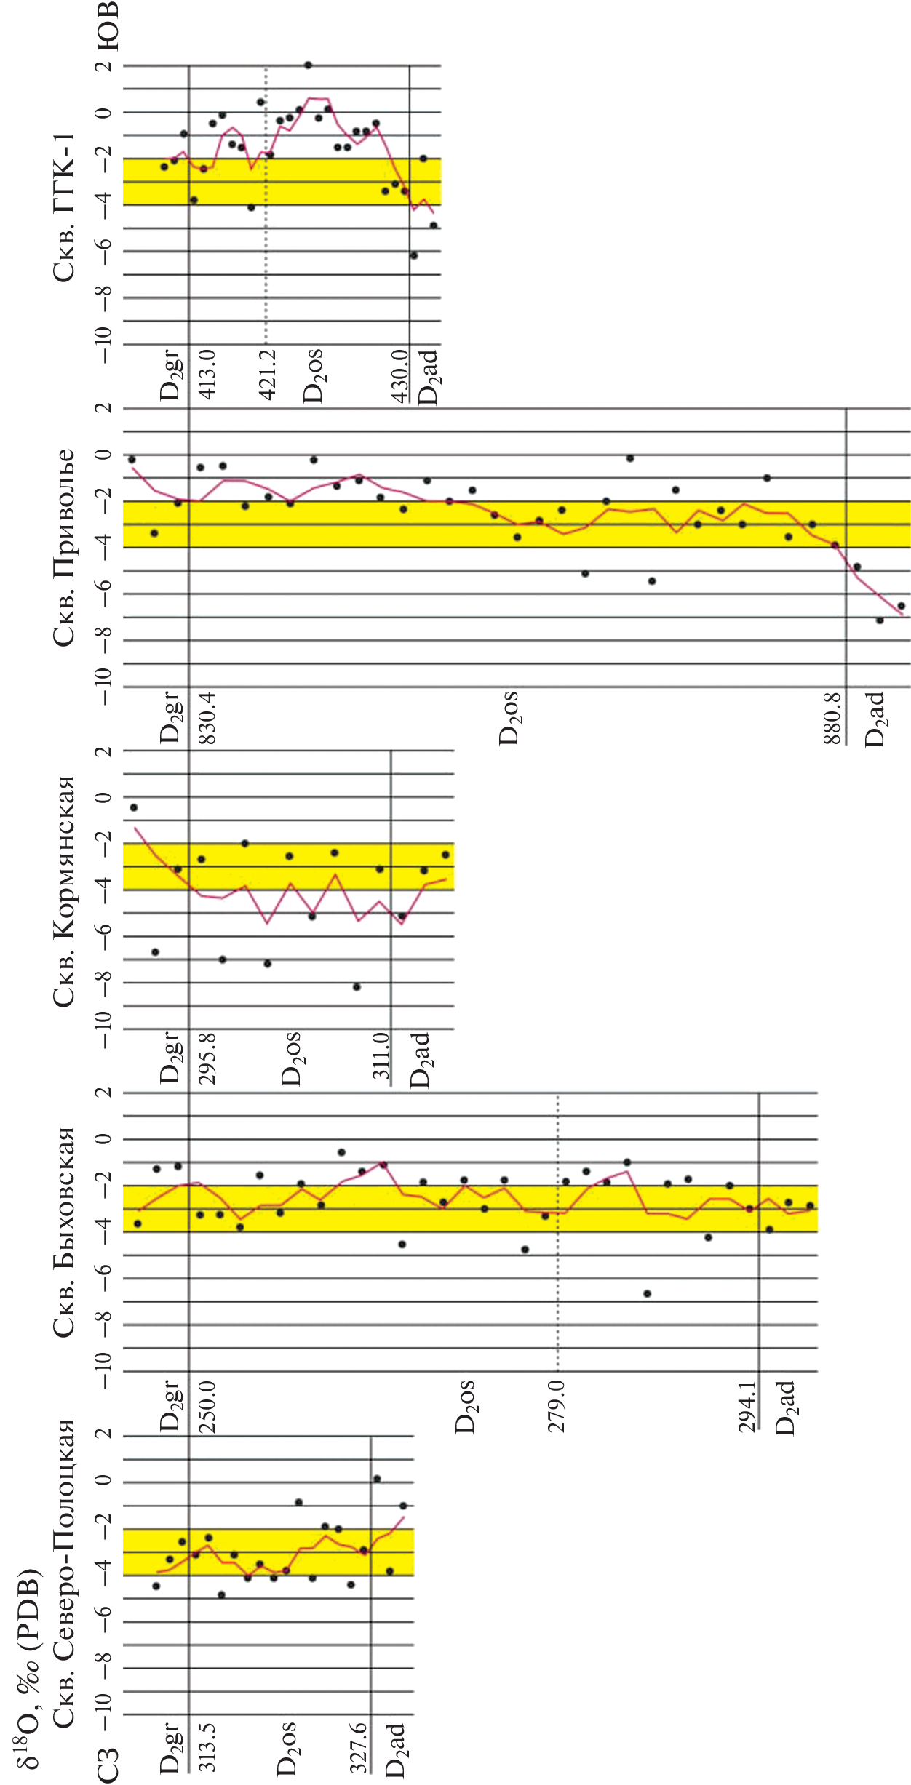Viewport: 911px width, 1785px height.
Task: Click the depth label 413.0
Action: (207, 375)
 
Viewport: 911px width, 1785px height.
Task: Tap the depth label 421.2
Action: (267, 375)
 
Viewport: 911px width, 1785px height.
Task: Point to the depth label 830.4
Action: (207, 717)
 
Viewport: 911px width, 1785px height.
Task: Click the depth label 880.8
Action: (833, 719)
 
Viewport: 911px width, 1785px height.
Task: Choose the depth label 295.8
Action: (207, 1058)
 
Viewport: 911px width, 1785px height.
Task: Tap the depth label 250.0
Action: (207, 1407)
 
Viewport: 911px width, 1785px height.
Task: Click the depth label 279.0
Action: (557, 1407)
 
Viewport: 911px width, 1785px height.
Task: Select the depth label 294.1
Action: (747, 1407)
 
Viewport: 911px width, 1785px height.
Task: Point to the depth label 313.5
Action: (207, 1746)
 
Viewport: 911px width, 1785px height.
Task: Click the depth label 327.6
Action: (358, 1746)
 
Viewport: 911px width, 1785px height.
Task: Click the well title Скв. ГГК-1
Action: (64, 207)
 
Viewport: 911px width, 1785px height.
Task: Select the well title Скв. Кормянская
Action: (64, 890)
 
